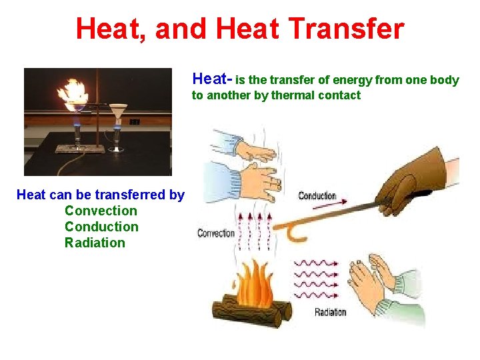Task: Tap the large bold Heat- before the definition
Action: pyautogui.click(x=213, y=80)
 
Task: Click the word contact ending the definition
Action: pyautogui.click(x=339, y=95)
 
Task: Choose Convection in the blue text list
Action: pyautogui.click(x=101, y=211)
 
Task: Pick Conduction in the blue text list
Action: pyautogui.click(x=101, y=227)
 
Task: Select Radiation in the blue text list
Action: pyautogui.click(x=95, y=243)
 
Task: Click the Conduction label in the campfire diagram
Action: pyautogui.click(x=317, y=195)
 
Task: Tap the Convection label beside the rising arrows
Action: pyautogui.click(x=216, y=233)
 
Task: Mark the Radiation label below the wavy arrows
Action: pyautogui.click(x=330, y=311)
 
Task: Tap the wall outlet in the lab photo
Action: pyautogui.click(x=134, y=122)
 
